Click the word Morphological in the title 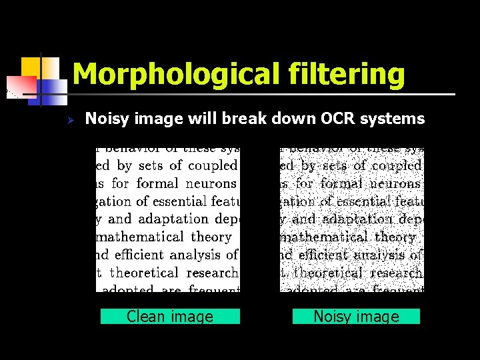(177, 75)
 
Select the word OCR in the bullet (337, 119)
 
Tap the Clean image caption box (170, 317)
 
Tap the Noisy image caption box (356, 317)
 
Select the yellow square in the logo (31, 67)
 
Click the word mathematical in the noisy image (325, 237)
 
